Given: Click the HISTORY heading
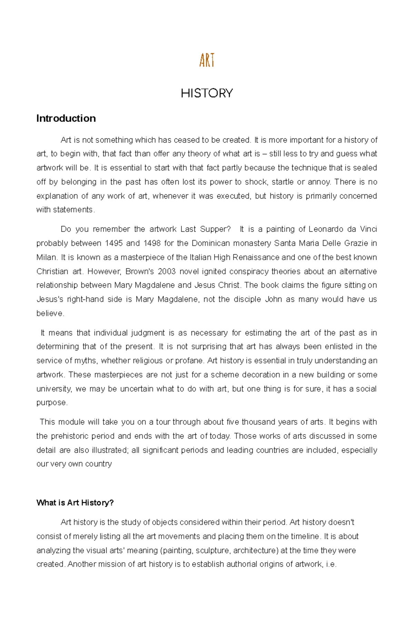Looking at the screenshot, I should pyautogui.click(x=207, y=93).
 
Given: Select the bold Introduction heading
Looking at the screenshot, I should pyautogui.click(x=66, y=118).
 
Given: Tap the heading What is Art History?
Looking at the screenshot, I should pyautogui.click(x=75, y=503).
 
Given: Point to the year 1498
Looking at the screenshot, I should pyautogui.click(x=152, y=243).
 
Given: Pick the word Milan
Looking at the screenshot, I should pyautogui.click(x=46, y=257).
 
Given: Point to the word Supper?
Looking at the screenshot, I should pyautogui.click(x=215, y=229).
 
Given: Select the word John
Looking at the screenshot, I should pyautogui.click(x=273, y=299).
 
